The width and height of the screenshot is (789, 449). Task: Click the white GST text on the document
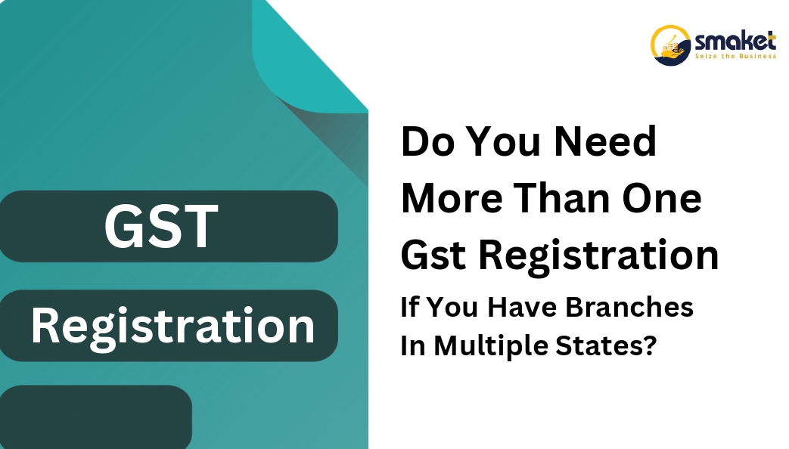[x=161, y=226]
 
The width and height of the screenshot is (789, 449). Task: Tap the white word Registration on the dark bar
[x=173, y=327]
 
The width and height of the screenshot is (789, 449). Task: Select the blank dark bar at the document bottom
[x=95, y=416]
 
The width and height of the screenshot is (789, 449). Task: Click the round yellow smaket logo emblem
[x=670, y=45]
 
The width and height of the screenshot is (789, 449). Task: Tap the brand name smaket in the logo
[x=735, y=42]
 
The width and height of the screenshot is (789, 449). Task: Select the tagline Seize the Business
[x=735, y=56]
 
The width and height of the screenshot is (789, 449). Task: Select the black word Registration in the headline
[x=598, y=256]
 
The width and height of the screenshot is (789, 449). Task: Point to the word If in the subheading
[x=408, y=307]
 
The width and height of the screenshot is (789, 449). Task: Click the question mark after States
[x=650, y=345]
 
